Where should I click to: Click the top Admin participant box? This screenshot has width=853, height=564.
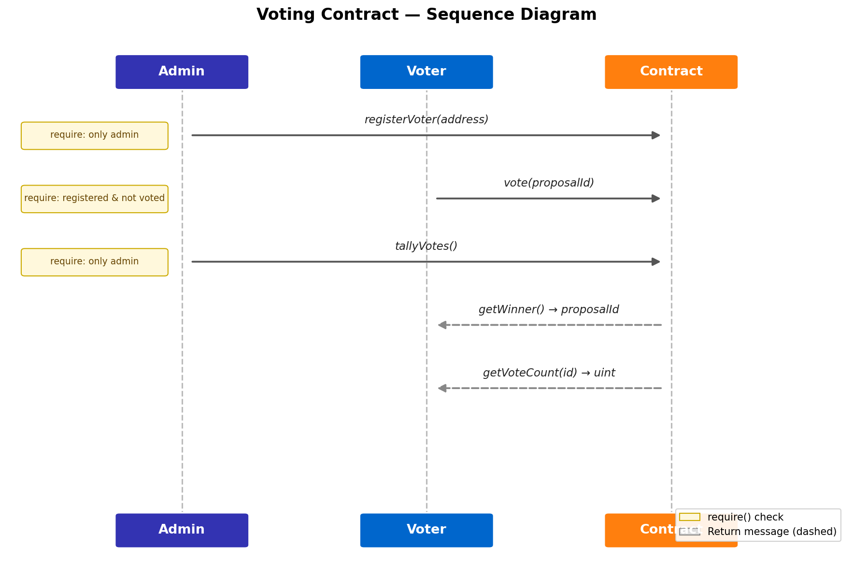(182, 72)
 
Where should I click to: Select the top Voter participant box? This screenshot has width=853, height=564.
(426, 72)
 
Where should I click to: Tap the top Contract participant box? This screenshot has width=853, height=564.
(670, 72)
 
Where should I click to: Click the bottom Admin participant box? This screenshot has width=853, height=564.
(182, 530)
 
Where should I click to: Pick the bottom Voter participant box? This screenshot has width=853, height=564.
(426, 530)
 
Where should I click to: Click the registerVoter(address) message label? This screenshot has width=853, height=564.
(426, 120)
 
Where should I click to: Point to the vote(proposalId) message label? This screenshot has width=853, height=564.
(549, 183)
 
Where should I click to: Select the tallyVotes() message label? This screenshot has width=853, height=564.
(426, 246)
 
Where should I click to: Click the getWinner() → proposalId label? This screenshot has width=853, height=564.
(549, 310)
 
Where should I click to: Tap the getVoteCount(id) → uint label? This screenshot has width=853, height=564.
(549, 373)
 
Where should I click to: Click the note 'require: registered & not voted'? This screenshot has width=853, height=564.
(94, 199)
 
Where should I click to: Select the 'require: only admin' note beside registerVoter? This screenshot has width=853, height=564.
(94, 135)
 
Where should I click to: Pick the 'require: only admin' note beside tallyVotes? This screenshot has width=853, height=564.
(94, 262)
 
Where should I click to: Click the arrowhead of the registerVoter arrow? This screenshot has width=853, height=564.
(656, 135)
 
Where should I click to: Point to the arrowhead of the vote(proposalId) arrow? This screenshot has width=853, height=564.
(656, 199)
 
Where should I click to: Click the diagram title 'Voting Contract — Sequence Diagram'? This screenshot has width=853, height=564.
(426, 14)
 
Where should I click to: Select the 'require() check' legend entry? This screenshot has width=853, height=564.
(745, 517)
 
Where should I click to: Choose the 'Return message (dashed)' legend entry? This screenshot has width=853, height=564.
(771, 532)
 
